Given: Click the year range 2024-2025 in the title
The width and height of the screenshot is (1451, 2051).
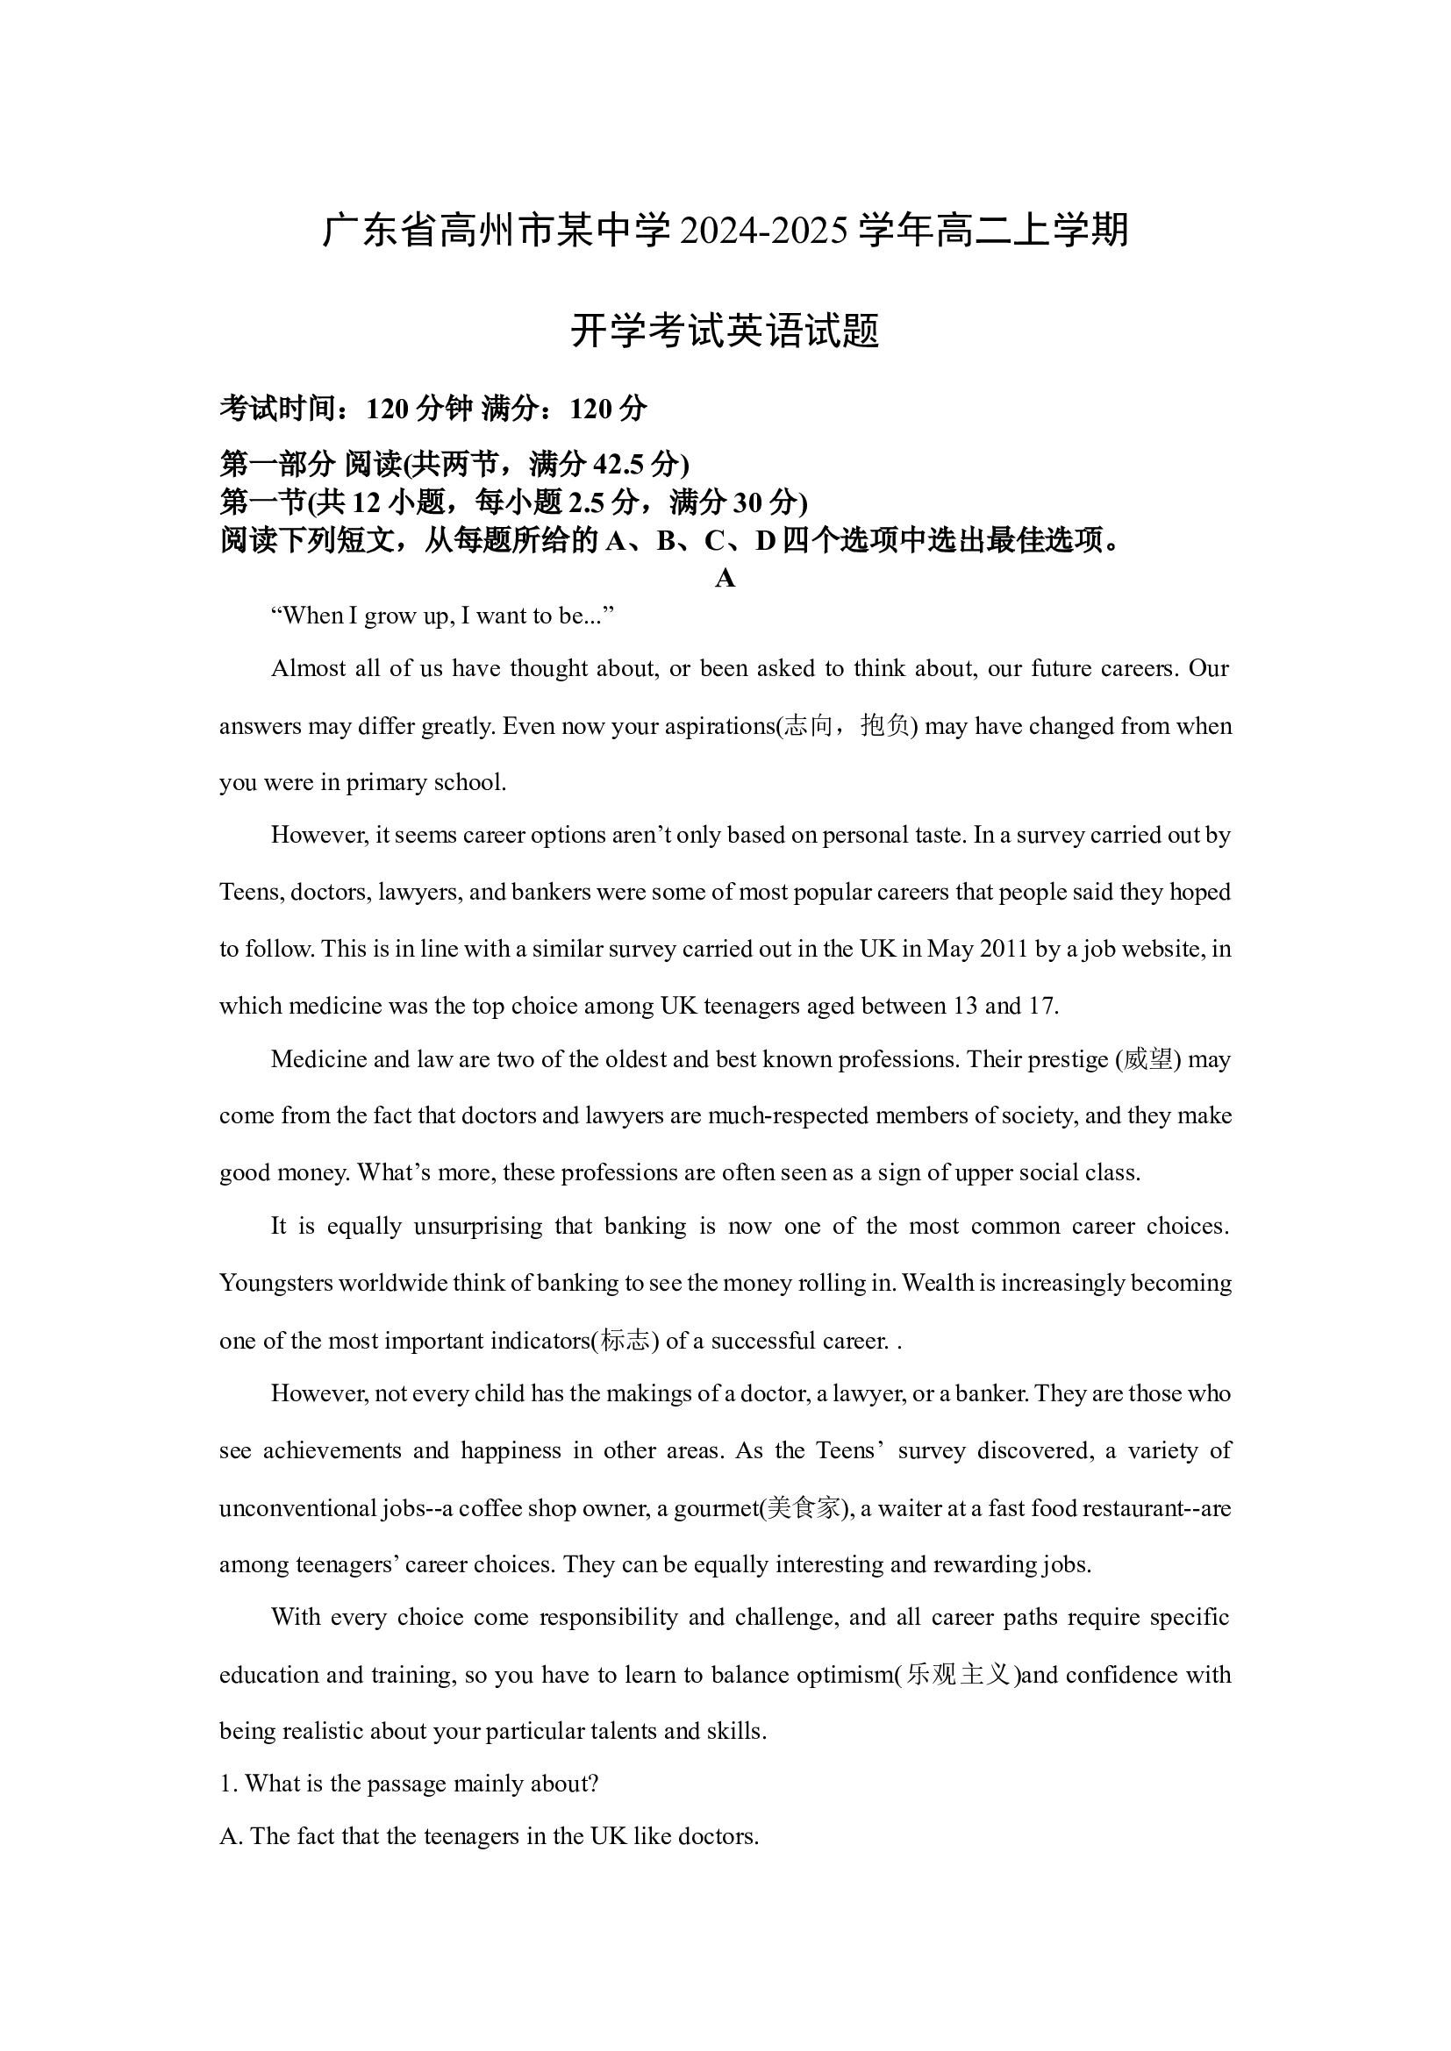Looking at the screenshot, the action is pyautogui.click(x=763, y=231).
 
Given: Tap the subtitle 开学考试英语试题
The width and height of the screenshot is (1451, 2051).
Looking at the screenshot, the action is pyautogui.click(x=725, y=331).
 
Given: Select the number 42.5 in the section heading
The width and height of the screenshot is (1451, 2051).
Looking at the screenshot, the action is pyautogui.click(x=617, y=465).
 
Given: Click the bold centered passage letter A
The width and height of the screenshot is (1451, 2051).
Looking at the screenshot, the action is pyautogui.click(x=725, y=579).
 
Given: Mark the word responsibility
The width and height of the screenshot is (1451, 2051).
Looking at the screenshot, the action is pyautogui.click(x=609, y=1618).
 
